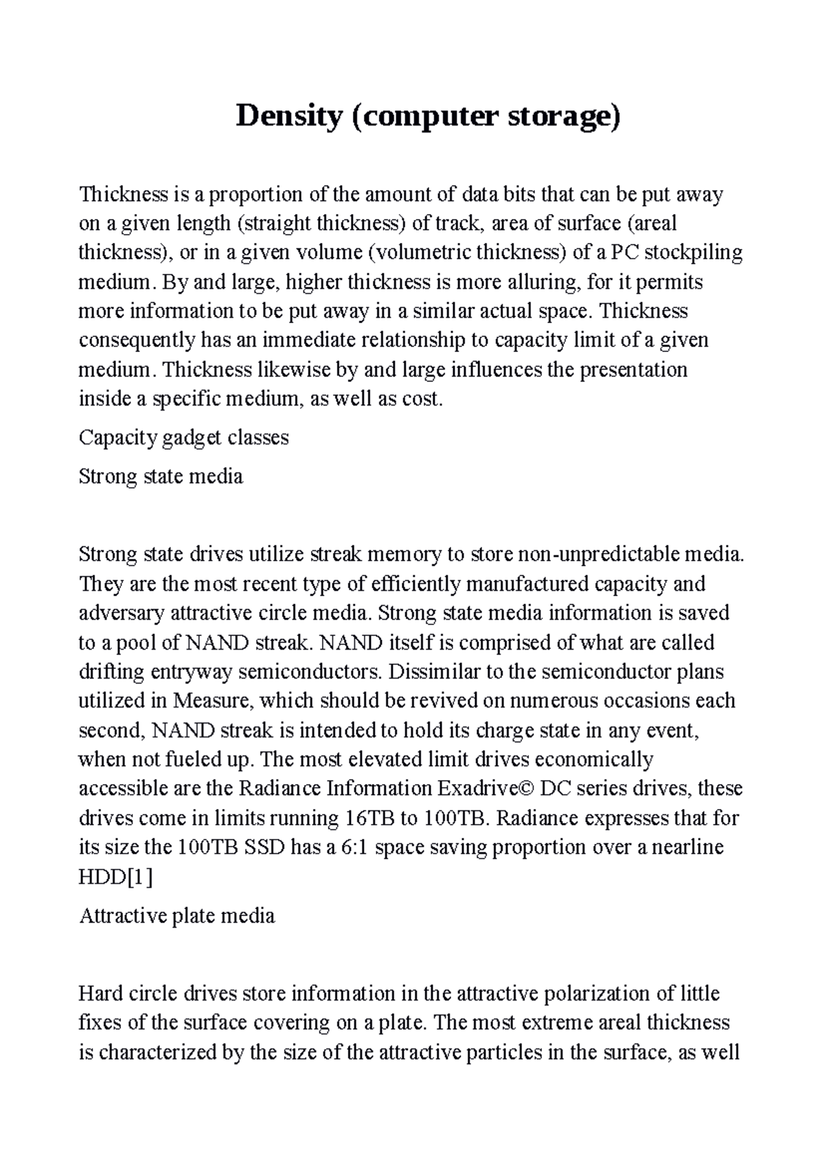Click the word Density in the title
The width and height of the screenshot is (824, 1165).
(288, 117)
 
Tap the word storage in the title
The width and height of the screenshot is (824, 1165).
(563, 117)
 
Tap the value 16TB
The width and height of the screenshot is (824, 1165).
(367, 818)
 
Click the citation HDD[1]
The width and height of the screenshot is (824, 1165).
(115, 877)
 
